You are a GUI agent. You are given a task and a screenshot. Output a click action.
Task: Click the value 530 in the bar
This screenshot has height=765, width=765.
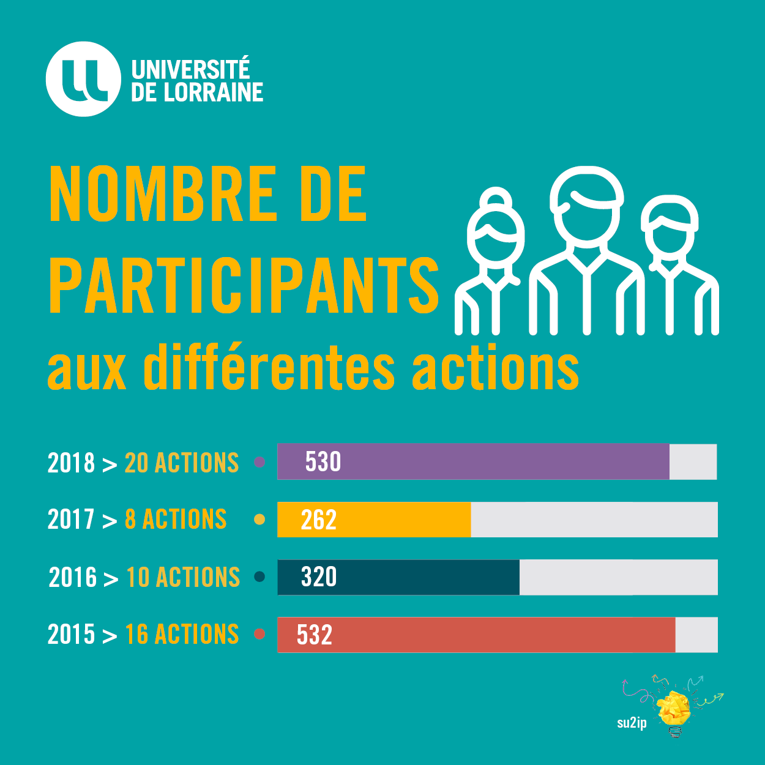click(x=323, y=461)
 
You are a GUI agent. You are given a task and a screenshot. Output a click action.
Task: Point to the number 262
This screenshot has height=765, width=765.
click(x=318, y=520)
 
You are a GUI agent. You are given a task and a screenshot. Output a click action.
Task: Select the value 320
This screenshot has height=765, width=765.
click(x=319, y=577)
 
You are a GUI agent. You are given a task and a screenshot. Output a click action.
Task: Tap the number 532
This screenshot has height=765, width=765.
click(x=315, y=635)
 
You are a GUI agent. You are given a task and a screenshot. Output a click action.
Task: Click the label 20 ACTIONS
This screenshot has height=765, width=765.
click(x=182, y=463)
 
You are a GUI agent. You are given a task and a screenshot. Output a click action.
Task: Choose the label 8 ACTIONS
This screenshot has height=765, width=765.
click(x=176, y=520)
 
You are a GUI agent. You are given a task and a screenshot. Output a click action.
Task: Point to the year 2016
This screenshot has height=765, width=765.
click(x=73, y=577)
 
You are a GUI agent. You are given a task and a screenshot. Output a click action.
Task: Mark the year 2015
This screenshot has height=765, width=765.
click(x=72, y=635)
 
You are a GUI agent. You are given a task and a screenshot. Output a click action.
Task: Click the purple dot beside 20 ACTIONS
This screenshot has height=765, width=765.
click(x=259, y=462)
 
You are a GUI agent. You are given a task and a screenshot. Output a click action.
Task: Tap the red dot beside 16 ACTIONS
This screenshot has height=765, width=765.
click(x=259, y=634)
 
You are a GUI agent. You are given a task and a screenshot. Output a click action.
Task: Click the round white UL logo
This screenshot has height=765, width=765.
click(x=83, y=79)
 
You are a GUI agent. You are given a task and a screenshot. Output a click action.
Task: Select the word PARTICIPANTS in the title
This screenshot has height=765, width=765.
click(x=244, y=285)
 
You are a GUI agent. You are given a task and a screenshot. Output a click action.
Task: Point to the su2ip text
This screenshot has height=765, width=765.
click(x=632, y=723)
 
